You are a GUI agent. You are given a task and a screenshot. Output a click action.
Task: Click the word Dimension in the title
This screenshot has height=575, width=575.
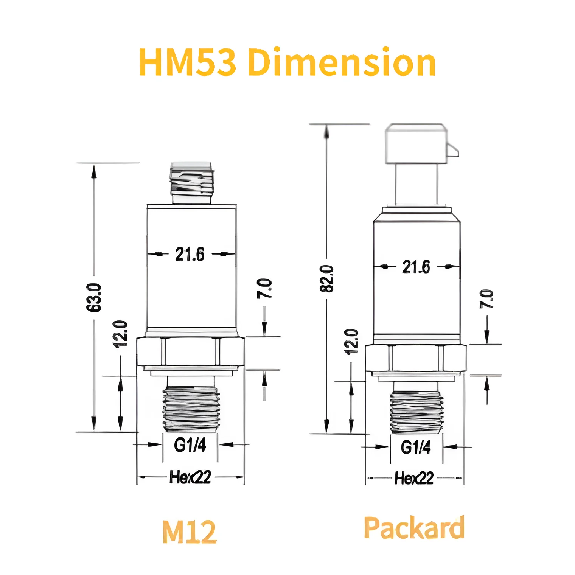[x=342, y=62]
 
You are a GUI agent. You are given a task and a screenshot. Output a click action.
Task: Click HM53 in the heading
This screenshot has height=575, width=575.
[x=188, y=62]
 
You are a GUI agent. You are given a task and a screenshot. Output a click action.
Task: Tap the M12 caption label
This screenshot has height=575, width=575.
[x=189, y=531]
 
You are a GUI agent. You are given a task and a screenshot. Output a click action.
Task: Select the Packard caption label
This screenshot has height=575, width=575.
[x=414, y=528]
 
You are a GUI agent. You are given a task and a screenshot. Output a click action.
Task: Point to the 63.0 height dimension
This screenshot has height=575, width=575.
[x=94, y=297]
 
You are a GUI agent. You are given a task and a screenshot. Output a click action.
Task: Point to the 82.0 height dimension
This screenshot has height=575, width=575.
[x=327, y=279]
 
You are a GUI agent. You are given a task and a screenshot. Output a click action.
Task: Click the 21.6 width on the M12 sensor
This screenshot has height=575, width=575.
[x=190, y=254]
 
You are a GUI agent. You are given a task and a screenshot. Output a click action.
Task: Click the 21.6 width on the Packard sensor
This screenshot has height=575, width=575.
[x=416, y=267]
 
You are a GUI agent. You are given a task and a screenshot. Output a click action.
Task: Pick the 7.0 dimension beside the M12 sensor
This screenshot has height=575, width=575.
[x=264, y=289]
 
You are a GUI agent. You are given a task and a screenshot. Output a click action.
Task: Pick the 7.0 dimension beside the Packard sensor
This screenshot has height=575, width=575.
[x=486, y=299]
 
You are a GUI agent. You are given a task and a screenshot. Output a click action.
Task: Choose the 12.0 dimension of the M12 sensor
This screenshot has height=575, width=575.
[x=120, y=334]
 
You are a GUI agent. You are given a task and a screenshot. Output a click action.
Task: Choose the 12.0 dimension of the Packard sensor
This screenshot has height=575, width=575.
[x=351, y=342]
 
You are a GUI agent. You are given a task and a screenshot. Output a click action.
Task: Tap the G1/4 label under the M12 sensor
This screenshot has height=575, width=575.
[x=190, y=445]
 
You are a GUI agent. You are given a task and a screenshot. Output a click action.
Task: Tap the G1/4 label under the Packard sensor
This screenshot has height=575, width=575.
[x=415, y=447]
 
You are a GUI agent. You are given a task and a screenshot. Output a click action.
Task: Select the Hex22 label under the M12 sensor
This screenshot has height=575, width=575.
[x=190, y=477]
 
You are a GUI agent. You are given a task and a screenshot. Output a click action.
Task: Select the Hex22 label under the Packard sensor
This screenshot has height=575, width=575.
[x=414, y=478]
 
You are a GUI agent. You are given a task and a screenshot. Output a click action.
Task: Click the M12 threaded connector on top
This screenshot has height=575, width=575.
[x=192, y=182]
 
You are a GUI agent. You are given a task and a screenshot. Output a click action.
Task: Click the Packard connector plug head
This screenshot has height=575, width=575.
[x=416, y=144]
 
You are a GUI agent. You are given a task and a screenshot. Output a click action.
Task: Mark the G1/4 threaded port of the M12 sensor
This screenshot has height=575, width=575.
[x=191, y=409]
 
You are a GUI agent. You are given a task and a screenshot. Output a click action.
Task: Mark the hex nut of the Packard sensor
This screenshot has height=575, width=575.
[x=415, y=358]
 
